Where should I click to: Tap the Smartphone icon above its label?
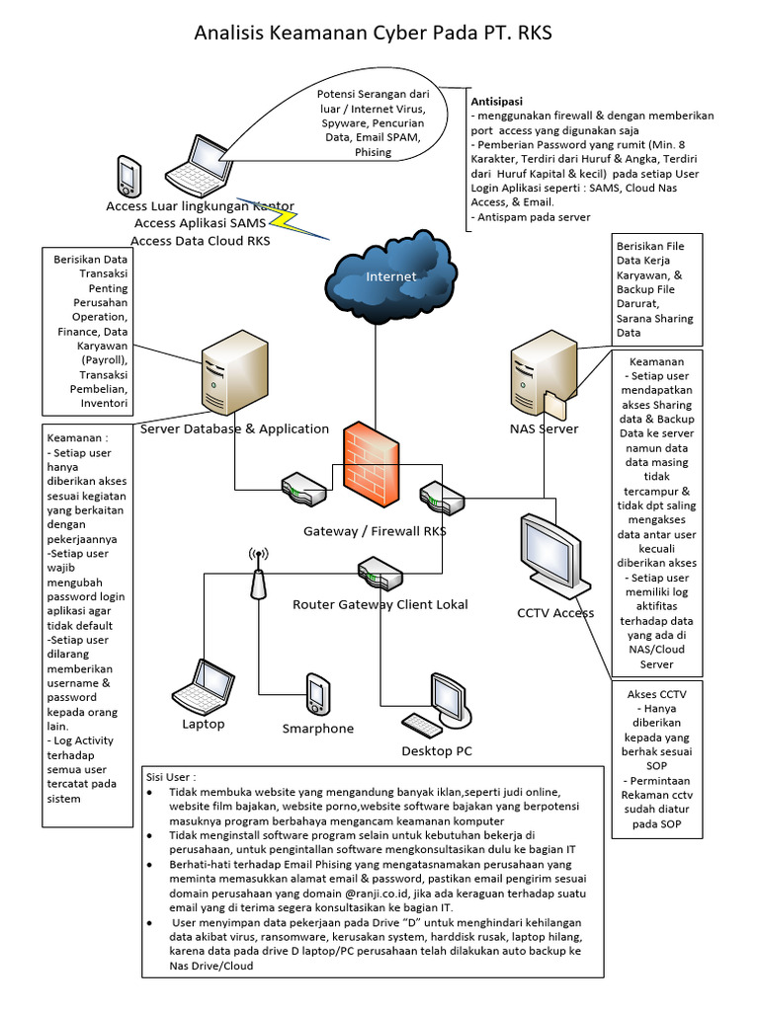pos(316,693)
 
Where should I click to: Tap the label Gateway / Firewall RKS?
pos(375,531)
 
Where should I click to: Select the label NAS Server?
pos(545,428)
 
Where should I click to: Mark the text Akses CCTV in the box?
pos(656,693)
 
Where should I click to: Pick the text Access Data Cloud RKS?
pos(201,240)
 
